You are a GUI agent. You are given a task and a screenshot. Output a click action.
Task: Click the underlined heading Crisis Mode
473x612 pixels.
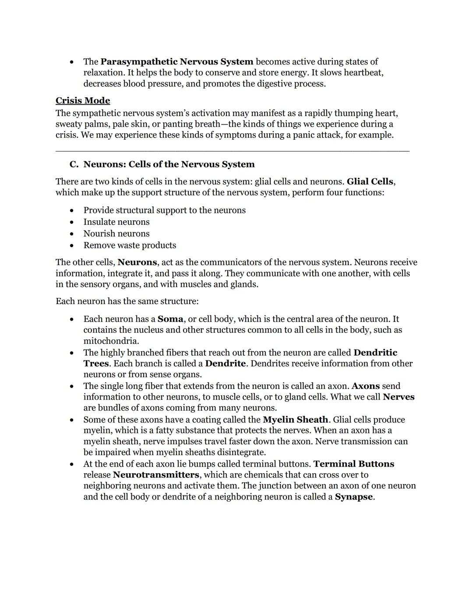[83, 101]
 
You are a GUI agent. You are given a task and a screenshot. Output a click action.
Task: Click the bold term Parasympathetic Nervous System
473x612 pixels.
[176, 62]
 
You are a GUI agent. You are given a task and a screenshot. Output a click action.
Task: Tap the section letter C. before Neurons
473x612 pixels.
[74, 164]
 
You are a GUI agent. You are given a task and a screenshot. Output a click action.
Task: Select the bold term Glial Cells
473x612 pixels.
[370, 181]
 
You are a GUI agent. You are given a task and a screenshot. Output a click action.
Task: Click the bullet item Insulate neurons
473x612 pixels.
[116, 222]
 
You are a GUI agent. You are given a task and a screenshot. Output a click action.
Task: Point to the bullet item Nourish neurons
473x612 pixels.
[116, 233]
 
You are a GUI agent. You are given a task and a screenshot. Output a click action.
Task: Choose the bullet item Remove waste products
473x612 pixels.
[130, 245]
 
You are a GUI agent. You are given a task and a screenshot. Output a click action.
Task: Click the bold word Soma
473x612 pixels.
[170, 319]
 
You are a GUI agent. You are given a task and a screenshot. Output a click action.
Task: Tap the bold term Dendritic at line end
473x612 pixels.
[375, 353]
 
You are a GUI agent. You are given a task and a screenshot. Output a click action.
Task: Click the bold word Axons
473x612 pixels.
[365, 386]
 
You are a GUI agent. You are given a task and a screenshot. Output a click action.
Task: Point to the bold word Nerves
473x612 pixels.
[399, 397]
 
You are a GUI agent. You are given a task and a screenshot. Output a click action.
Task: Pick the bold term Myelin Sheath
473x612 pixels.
[295, 420]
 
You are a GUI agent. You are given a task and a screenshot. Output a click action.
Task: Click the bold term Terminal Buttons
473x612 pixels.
[354, 464]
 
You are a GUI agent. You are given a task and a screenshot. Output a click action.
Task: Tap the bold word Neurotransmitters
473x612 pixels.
[156, 475]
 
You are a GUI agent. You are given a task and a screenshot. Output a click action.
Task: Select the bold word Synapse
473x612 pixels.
[354, 497]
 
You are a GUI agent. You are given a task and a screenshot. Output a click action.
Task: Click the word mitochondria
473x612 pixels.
[111, 341]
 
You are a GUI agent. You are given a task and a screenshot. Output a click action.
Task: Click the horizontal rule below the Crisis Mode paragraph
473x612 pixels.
[232, 151]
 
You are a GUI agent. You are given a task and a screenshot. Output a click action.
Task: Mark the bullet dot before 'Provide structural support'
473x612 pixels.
[71, 211]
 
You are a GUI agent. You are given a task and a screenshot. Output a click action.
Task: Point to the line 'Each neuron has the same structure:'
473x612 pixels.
[127, 301]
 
